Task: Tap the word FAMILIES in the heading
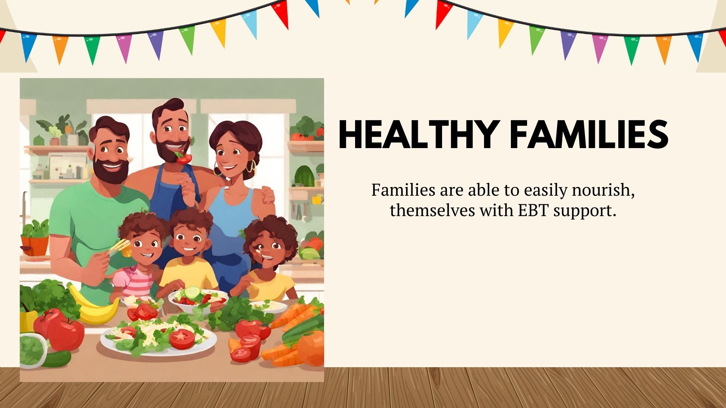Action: [589, 134]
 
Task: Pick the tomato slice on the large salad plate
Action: [182, 339]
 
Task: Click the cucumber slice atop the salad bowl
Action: [192, 292]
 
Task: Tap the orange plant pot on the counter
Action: [35, 246]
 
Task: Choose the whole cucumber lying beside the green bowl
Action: [56, 359]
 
